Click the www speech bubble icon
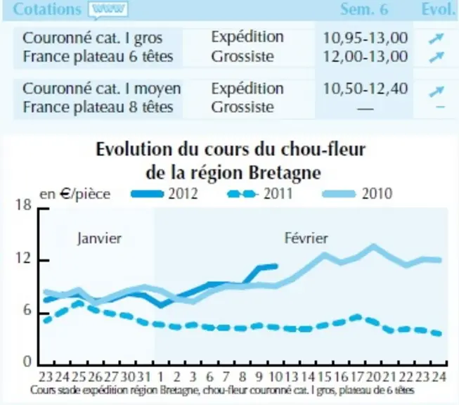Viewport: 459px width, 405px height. click(108, 11)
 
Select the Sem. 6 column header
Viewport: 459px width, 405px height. click(364, 9)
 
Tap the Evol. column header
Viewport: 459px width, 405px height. click(438, 9)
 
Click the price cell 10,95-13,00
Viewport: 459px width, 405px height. click(365, 38)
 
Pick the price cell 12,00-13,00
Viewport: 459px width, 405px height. click(365, 56)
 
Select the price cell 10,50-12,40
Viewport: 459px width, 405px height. click(365, 89)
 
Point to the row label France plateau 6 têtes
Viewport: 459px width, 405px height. click(98, 56)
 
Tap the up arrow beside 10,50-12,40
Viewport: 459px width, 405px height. click(437, 91)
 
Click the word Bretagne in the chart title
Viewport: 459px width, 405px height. click(285, 173)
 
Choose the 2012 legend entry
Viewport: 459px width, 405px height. click(164, 194)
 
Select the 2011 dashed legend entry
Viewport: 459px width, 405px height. click(260, 194)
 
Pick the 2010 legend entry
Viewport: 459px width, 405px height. click(357, 194)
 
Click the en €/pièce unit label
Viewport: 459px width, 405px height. click(75, 194)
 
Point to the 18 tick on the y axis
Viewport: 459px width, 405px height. click(23, 205)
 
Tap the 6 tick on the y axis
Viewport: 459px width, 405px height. click(27, 310)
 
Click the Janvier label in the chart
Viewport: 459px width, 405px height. click(99, 238)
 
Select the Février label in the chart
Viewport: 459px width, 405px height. click(306, 238)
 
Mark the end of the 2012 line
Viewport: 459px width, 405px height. click(276, 266)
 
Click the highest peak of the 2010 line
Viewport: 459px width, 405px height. click(373, 246)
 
